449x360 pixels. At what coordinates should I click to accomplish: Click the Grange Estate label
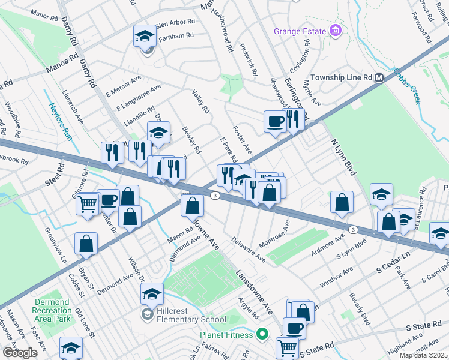coord(300,31)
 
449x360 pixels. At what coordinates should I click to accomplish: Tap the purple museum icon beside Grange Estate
coord(335,31)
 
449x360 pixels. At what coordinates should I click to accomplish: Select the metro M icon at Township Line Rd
coord(379,78)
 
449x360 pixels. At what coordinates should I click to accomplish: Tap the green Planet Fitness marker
coord(261,334)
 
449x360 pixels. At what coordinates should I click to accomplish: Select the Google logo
coord(20,353)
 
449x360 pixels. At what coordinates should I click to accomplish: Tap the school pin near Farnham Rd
coord(145,38)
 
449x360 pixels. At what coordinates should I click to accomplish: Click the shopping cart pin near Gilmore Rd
coord(88,204)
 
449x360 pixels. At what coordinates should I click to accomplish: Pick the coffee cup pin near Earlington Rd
coord(276,121)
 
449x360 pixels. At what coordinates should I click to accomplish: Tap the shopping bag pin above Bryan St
coord(86,243)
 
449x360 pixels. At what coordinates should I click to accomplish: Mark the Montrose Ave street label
coord(274,235)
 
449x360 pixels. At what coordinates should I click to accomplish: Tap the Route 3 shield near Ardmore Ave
coord(354,229)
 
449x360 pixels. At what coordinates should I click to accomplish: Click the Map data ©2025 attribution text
coord(423,355)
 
